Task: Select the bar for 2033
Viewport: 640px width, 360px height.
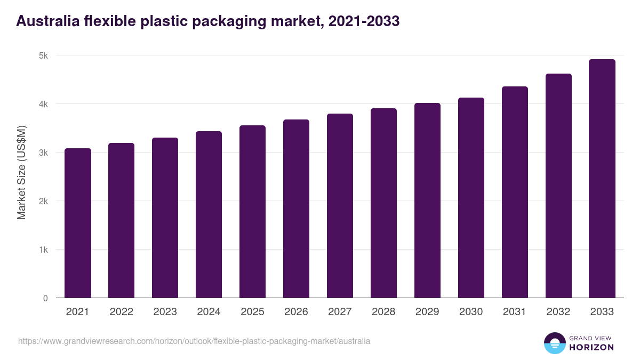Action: pyautogui.click(x=602, y=179)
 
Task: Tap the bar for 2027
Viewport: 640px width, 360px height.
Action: pyautogui.click(x=340, y=206)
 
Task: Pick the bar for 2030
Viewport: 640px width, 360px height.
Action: pyautogui.click(x=471, y=198)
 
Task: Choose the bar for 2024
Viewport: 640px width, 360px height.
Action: pyautogui.click(x=209, y=214)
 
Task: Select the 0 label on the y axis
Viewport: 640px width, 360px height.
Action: pyautogui.click(x=45, y=299)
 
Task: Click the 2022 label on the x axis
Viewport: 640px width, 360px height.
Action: pyautogui.click(x=121, y=312)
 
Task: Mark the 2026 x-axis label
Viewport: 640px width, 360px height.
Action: pyautogui.click(x=296, y=312)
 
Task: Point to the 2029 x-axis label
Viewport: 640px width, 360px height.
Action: pyautogui.click(x=427, y=312)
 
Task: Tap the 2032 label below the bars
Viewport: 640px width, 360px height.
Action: pyautogui.click(x=558, y=312)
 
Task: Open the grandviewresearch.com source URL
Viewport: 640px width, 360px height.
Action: pyautogui.click(x=194, y=341)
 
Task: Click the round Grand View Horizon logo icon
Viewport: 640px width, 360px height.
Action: pyautogui.click(x=554, y=343)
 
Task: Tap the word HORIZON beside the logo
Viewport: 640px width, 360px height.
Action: pyautogui.click(x=591, y=347)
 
